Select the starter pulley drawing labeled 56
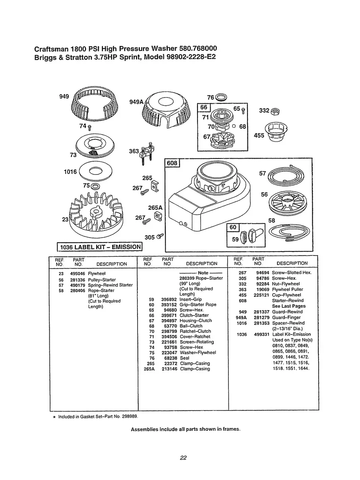click(287, 203)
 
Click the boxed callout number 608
click(172, 163)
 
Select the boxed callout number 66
click(203, 108)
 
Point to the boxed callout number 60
click(232, 228)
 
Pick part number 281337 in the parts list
click(262, 312)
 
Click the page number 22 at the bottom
click(183, 458)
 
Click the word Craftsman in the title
click(52, 49)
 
